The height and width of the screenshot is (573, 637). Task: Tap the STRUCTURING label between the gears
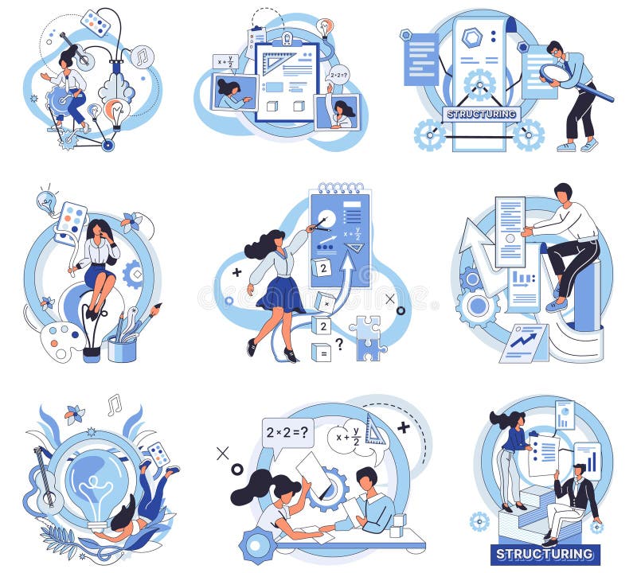pyautogui.click(x=481, y=114)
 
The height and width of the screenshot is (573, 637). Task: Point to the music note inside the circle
pyautogui.click(x=142, y=57)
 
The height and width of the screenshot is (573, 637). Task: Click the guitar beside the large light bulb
pyautogui.click(x=46, y=486)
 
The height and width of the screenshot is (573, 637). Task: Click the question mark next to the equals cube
pyautogui.click(x=339, y=344)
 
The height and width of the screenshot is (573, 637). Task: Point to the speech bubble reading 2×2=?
pyautogui.click(x=289, y=434)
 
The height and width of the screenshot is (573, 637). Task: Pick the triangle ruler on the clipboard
pyautogui.click(x=279, y=60)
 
